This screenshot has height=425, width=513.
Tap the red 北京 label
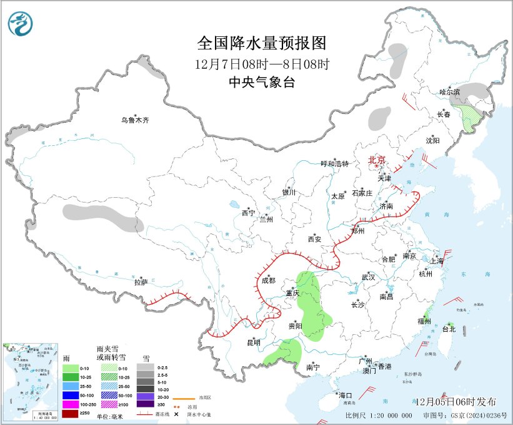click(x=377, y=160)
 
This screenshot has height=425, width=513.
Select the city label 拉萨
click(x=140, y=282)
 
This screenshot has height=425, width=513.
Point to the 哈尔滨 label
click(x=449, y=92)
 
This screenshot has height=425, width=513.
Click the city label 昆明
click(x=253, y=342)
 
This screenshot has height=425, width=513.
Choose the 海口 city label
click(x=346, y=395)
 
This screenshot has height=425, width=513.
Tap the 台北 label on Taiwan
click(x=449, y=329)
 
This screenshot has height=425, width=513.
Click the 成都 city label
click(x=268, y=281)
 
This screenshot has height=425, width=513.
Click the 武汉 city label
click(x=368, y=277)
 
